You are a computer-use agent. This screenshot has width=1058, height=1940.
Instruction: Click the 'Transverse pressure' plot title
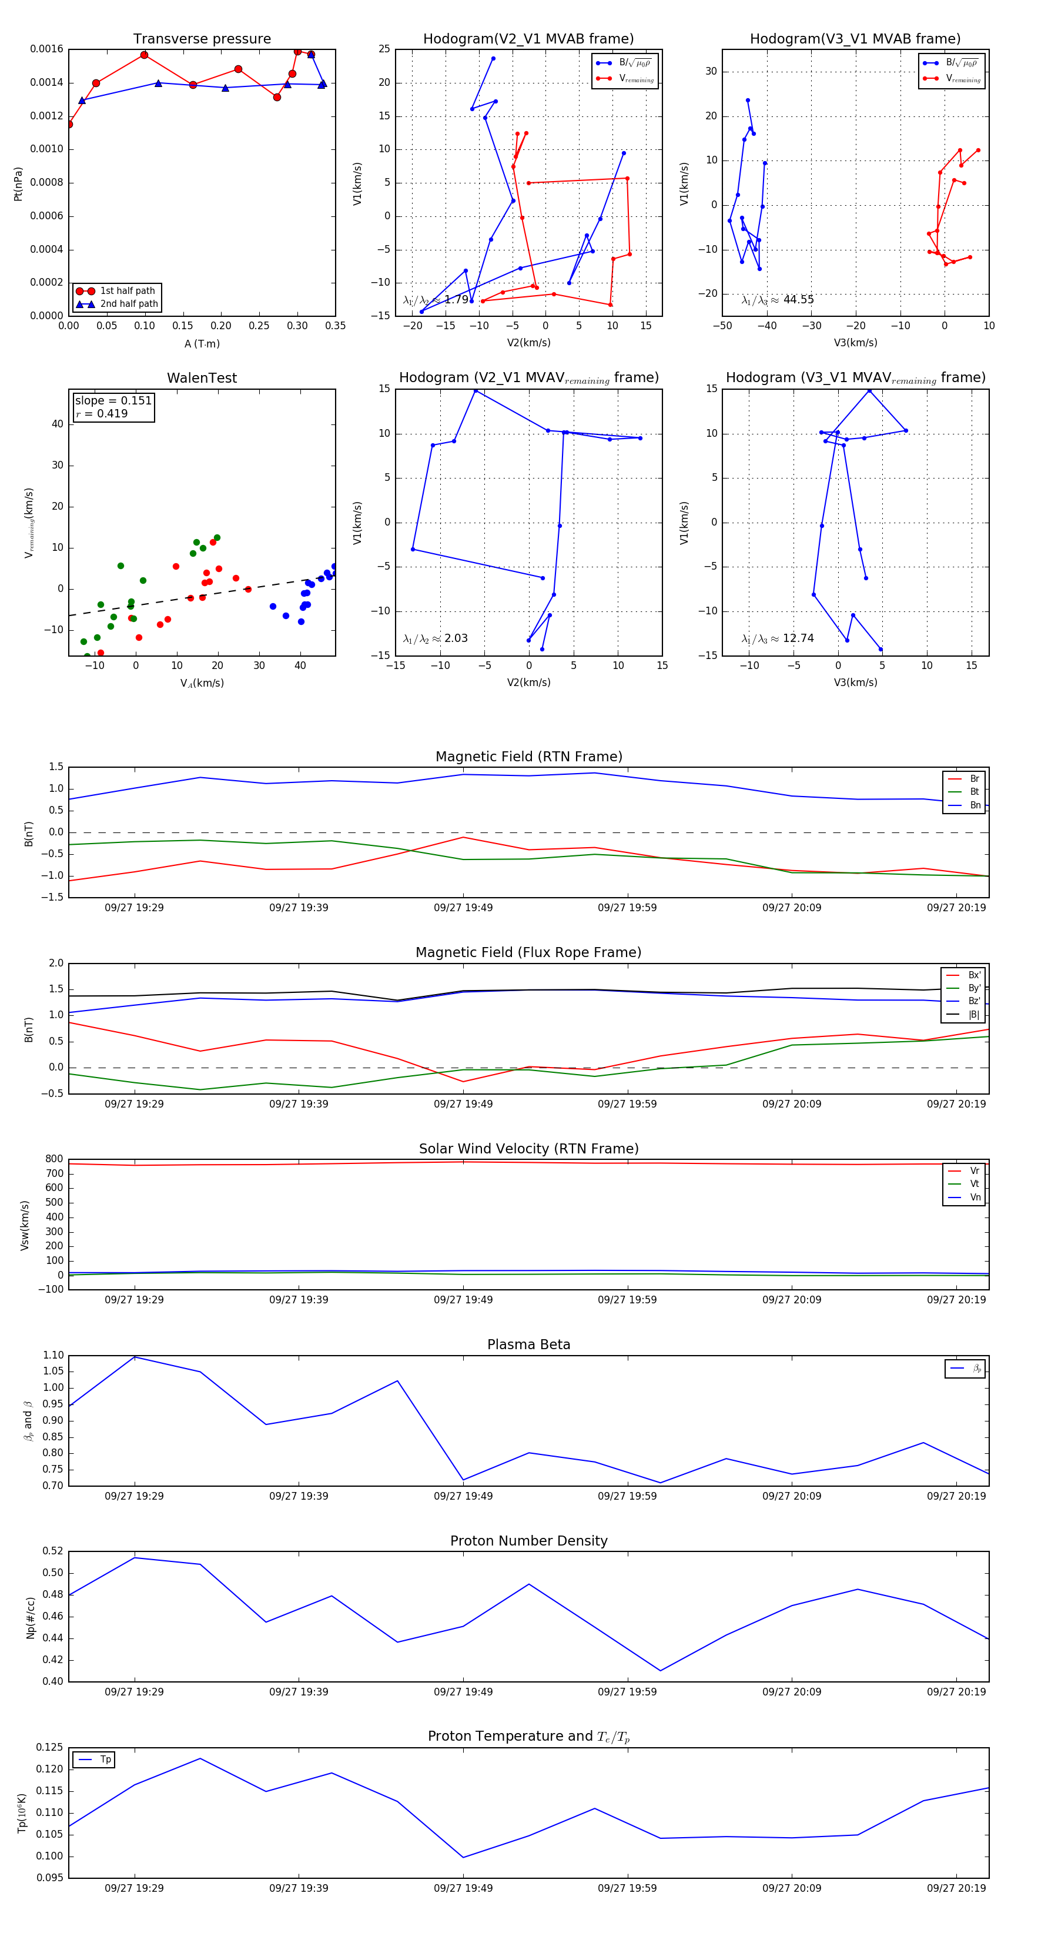(x=202, y=39)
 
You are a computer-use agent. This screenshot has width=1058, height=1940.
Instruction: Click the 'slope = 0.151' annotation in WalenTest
(x=113, y=401)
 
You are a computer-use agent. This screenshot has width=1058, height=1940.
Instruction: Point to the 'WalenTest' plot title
(x=202, y=378)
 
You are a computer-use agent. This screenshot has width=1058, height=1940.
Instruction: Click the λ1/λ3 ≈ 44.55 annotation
(x=777, y=300)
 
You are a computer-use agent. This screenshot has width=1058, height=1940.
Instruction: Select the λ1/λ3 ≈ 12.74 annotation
(x=777, y=638)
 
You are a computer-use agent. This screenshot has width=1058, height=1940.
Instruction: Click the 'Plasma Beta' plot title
(x=528, y=1345)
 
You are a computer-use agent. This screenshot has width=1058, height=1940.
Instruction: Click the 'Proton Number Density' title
(x=528, y=1541)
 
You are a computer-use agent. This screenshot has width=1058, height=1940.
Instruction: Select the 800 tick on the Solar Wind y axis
(x=54, y=1159)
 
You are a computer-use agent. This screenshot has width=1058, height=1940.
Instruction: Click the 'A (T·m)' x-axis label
(x=202, y=344)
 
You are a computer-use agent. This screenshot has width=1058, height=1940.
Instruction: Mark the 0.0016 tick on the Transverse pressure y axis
(x=46, y=50)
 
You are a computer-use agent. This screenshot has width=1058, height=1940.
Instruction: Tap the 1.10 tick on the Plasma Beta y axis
(x=53, y=1355)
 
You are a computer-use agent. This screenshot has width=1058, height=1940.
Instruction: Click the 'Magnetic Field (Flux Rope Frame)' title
(x=528, y=953)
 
